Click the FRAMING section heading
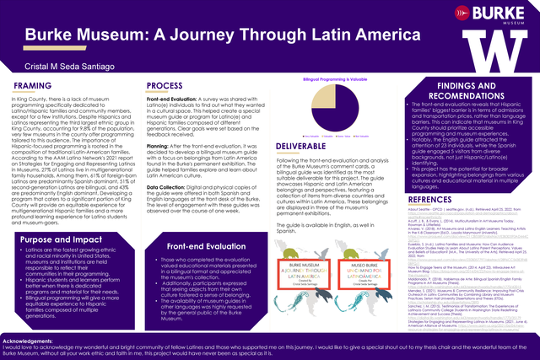tap(31, 86)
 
